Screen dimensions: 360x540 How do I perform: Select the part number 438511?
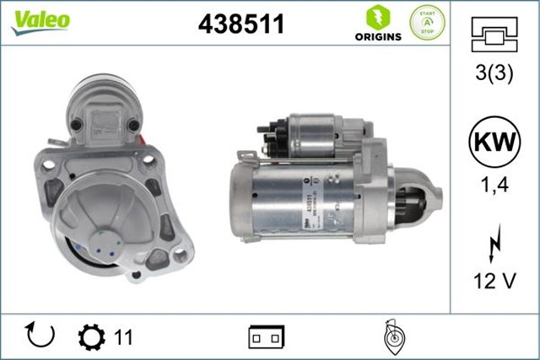pyautogui.click(x=240, y=24)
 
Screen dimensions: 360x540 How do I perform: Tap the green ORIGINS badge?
pyautogui.click(x=371, y=24)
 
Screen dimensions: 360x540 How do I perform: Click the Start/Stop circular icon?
pyautogui.click(x=427, y=24)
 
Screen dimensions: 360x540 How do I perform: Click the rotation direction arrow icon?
pyautogui.click(x=40, y=336)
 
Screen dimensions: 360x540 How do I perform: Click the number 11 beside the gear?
pyautogui.click(x=123, y=337)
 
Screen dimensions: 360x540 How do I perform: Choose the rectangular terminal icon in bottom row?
pyautogui.click(x=266, y=336)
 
